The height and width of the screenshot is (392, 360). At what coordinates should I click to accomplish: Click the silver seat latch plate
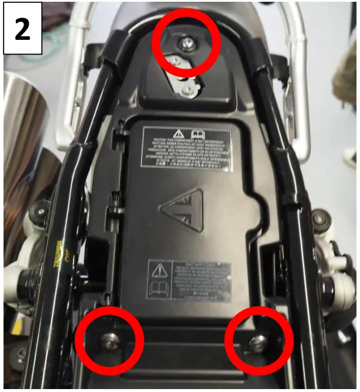coord(181,76)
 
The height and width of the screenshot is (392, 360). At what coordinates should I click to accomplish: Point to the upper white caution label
coord(186,149)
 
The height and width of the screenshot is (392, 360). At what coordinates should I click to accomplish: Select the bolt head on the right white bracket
coord(320,219)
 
